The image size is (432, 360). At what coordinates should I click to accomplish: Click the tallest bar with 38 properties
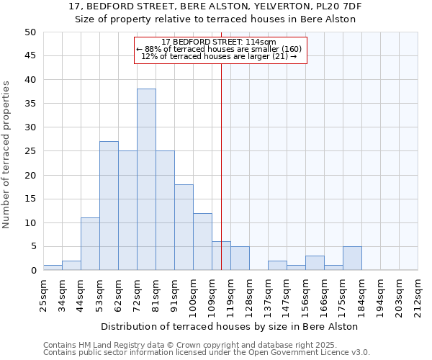(146, 179)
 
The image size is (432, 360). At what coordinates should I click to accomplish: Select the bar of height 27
(109, 206)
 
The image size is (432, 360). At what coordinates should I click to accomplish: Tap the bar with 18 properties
(184, 228)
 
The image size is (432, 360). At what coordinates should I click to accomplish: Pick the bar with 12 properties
(202, 242)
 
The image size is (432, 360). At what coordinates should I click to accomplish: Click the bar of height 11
(90, 244)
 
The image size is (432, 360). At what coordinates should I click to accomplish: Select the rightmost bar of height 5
(352, 258)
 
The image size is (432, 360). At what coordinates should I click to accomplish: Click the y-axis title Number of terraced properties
(7, 155)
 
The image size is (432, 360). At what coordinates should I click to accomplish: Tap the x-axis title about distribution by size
(230, 326)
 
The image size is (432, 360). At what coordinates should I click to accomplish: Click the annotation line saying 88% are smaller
(220, 49)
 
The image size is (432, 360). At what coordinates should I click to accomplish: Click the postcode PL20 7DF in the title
(342, 6)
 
